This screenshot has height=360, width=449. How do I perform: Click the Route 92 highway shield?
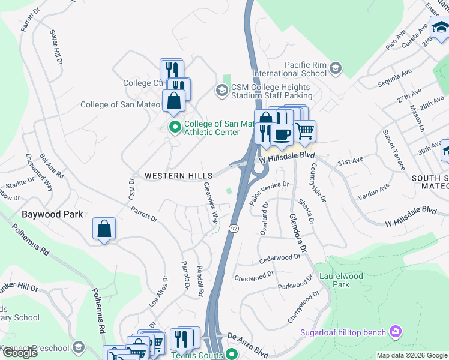pos(234,228)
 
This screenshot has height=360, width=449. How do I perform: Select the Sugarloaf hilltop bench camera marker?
pos(395,331)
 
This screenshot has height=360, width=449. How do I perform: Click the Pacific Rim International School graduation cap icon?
pos(336,69)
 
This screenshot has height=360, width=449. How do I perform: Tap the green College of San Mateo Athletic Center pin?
pos(175,127)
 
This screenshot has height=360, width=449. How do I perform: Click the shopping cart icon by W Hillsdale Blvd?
pos(304,130)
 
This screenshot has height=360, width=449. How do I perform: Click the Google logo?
pos(20,353)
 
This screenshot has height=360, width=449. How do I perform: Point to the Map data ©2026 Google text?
pos(411,355)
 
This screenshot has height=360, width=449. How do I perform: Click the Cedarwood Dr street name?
pos(279,259)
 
